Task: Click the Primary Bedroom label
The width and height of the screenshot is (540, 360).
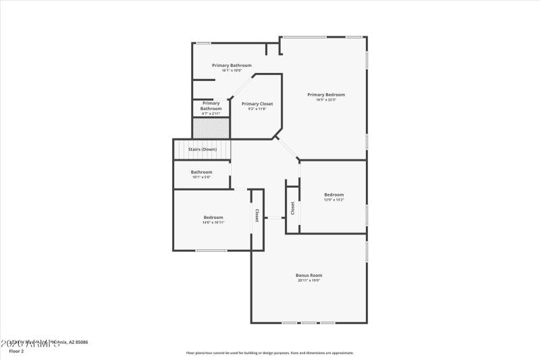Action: pos(326,95)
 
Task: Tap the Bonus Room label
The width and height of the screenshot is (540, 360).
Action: pos(308,275)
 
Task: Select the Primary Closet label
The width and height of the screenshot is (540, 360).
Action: pos(257,104)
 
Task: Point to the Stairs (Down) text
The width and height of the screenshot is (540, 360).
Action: pos(202,149)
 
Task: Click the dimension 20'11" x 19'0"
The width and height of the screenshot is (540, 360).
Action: pos(308,280)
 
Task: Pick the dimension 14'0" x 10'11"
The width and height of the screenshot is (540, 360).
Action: pos(213,222)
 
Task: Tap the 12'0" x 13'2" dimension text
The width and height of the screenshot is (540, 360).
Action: pos(334,200)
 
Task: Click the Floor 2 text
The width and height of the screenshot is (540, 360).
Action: pos(16,351)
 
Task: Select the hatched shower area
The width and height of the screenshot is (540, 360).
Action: pos(211,128)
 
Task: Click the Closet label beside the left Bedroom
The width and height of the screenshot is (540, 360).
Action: pos(256,215)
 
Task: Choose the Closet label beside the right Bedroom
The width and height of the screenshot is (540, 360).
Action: pos(293,208)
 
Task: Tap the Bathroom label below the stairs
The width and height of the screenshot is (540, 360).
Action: pos(201,172)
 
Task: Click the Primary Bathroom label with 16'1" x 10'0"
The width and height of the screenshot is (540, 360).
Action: pos(232,66)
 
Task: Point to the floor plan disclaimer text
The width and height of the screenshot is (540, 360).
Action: pos(270,353)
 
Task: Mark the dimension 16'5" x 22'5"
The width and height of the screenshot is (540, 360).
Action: pos(326,100)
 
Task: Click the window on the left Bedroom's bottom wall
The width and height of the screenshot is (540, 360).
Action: pos(211,251)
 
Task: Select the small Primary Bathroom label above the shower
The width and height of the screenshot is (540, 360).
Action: pos(211,105)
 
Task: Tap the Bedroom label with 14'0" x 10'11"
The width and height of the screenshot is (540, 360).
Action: pos(213,217)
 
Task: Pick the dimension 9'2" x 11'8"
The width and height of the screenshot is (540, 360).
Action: pos(257,109)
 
